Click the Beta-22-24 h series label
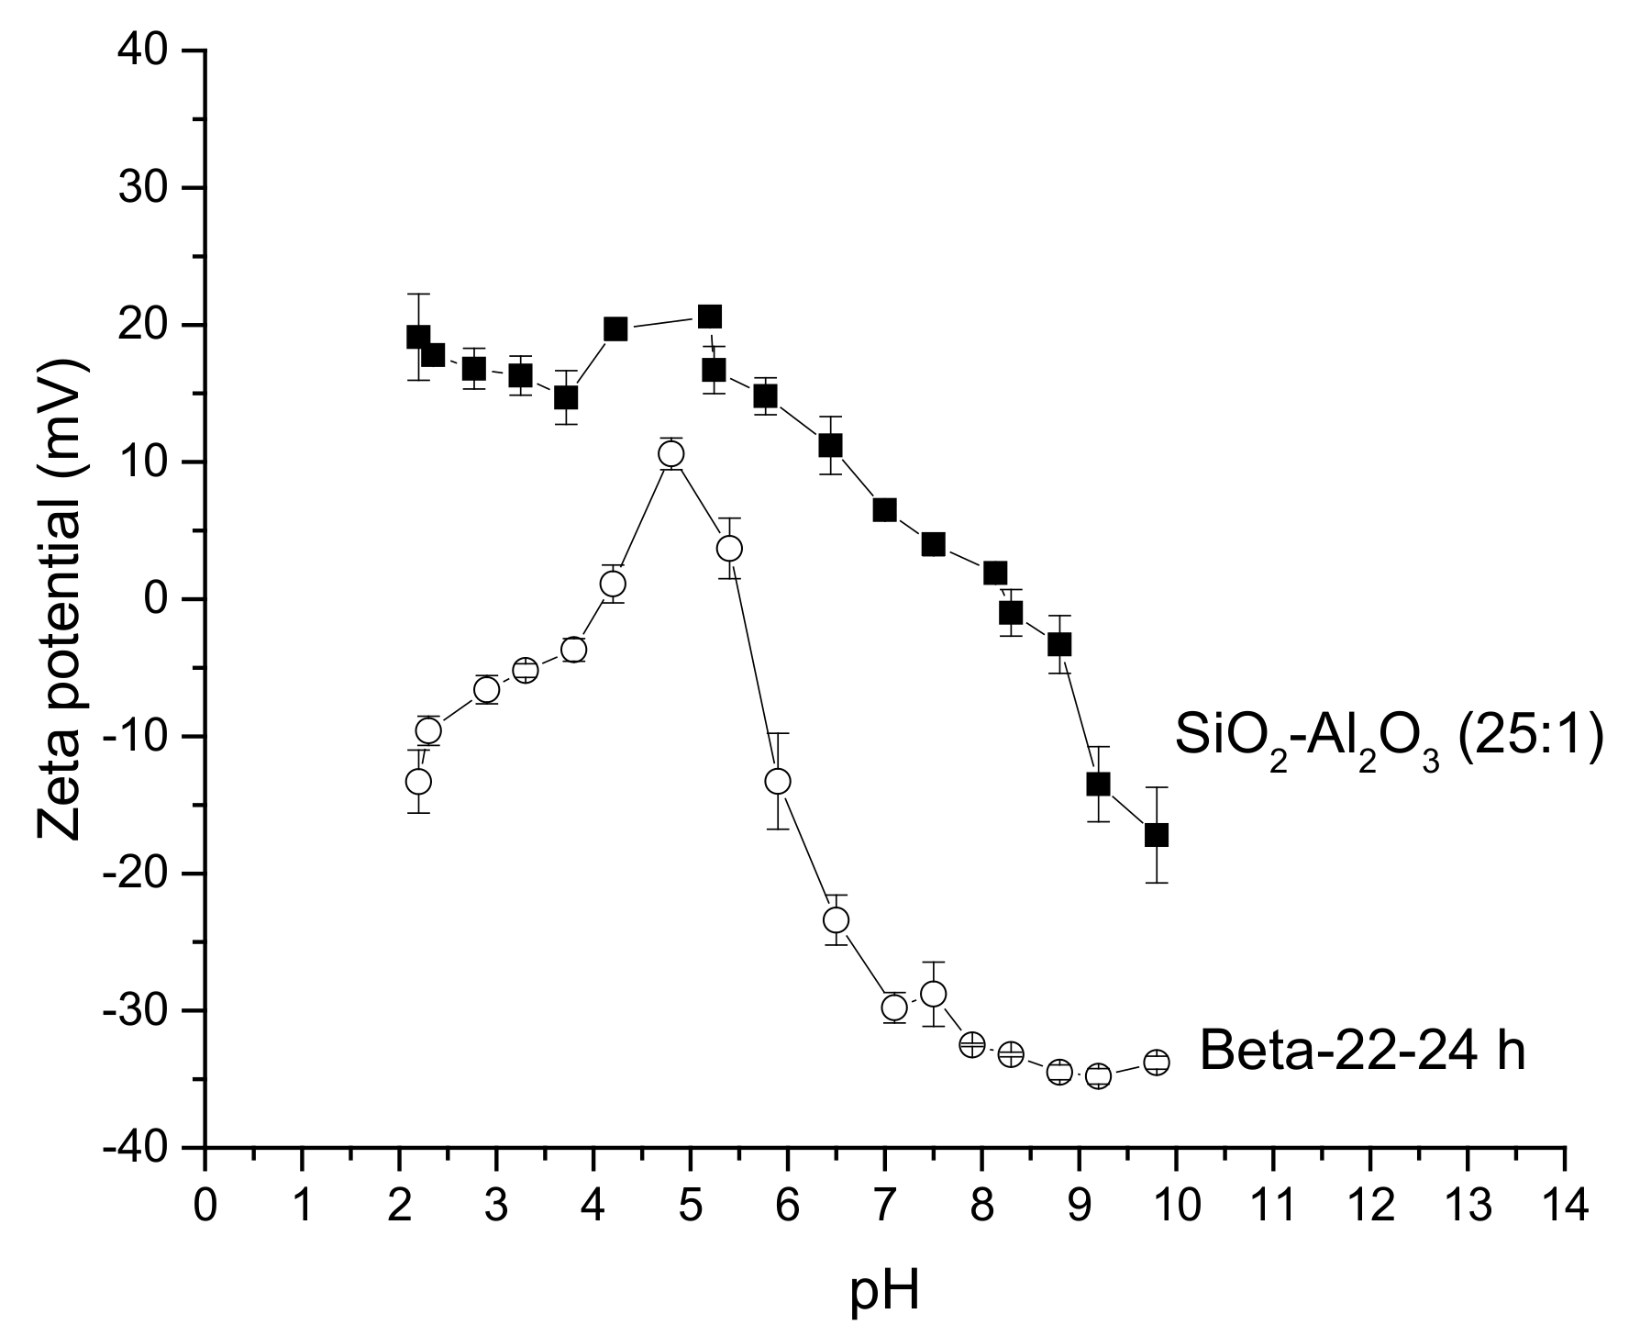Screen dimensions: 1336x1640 1362,1052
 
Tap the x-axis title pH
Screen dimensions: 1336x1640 884,1293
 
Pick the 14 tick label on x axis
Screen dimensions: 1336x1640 1563,1205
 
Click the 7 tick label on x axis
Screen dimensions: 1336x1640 884,1205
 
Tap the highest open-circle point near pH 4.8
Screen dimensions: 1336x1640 670,453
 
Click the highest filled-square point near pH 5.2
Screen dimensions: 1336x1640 709,317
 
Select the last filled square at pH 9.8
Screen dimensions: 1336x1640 1157,835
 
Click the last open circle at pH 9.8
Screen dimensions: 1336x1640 1157,1063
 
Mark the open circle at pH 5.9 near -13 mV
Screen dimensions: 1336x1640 778,781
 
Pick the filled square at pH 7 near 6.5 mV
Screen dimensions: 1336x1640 884,510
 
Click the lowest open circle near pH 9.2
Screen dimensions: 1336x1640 1098,1076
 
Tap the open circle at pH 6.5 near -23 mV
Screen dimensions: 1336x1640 836,919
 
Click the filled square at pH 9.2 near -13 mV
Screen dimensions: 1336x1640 1098,785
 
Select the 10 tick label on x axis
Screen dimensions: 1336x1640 1175,1205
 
